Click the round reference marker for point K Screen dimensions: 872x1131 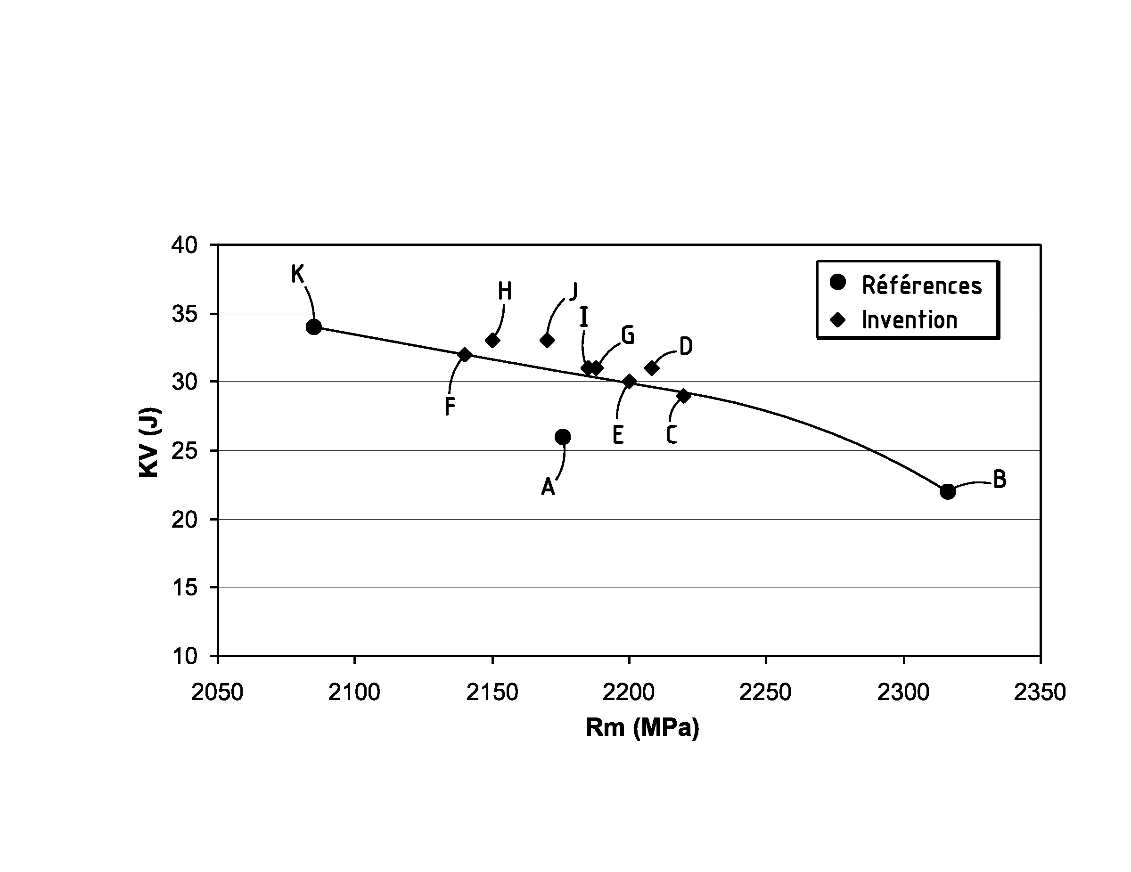(314, 327)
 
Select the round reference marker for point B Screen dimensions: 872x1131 (948, 491)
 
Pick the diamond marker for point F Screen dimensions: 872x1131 (465, 355)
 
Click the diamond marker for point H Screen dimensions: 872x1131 (492, 341)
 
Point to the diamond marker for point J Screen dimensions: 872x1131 (547, 341)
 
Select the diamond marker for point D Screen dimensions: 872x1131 (652, 368)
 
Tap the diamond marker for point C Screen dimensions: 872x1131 (684, 396)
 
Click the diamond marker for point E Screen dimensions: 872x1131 (630, 382)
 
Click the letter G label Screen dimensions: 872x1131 (628, 335)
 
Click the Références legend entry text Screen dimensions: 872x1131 (922, 285)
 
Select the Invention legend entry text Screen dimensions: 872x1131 (910, 320)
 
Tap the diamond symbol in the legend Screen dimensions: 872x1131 (837, 320)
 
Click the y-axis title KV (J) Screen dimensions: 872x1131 (150, 443)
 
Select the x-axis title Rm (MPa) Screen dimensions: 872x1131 (642, 727)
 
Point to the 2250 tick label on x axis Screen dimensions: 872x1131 (765, 693)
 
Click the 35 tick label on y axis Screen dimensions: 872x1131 (184, 314)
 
